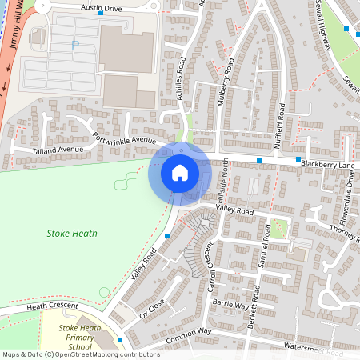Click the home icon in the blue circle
[x=179, y=172]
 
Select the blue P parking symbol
[x=76, y=46]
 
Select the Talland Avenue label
[x=58, y=150]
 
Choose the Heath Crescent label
[x=53, y=306]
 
